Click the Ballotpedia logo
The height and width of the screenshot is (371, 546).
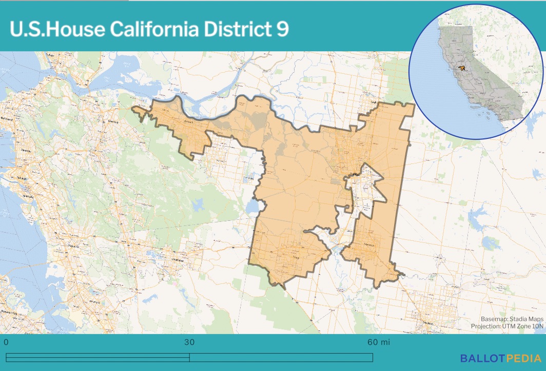pyautogui.click(x=500, y=358)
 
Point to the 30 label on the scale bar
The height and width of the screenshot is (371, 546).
pyautogui.click(x=189, y=342)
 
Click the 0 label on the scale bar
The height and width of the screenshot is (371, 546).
pyautogui.click(x=6, y=342)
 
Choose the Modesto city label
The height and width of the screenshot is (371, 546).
pyautogui.click(x=425, y=323)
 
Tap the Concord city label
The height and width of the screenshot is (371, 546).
pyautogui.click(x=110, y=122)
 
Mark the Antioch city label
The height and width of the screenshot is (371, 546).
pyautogui.click(x=189, y=122)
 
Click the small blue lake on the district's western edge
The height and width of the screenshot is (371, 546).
pyautogui.click(x=252, y=208)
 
